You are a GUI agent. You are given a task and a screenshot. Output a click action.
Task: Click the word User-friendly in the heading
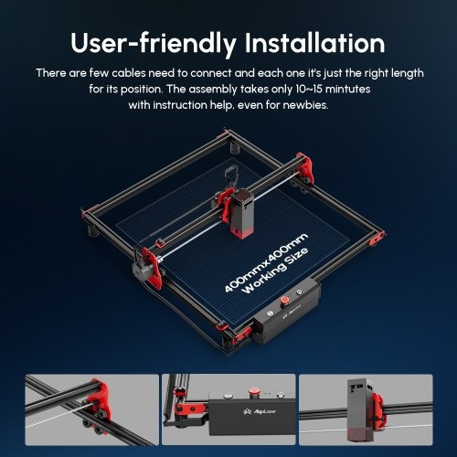click(154, 44)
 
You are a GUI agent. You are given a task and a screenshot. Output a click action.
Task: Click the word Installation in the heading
click(314, 43)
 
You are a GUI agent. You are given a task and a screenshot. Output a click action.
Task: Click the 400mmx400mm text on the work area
click(266, 262)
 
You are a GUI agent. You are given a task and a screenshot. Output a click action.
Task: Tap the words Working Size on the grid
click(275, 271)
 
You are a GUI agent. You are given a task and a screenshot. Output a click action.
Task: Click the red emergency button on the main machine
click(285, 300)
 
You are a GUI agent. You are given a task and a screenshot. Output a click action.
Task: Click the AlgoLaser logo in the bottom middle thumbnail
click(260, 411)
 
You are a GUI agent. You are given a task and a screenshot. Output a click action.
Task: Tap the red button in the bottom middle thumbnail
click(253, 390)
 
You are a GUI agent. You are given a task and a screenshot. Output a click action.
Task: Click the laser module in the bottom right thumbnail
click(360, 410)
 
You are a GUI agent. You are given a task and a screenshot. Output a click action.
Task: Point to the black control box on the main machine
click(287, 314)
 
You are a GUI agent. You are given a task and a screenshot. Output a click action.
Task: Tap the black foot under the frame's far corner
click(235, 148)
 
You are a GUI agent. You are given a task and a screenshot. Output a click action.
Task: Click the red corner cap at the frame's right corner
click(377, 239)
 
